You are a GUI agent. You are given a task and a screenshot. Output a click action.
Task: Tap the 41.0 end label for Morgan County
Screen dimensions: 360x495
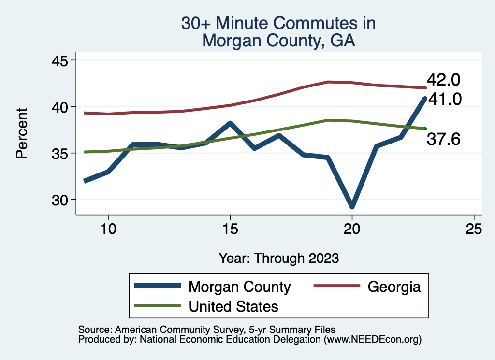pyautogui.click(x=444, y=99)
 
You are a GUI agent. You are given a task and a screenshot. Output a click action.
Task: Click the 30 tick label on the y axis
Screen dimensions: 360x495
pyautogui.click(x=61, y=200)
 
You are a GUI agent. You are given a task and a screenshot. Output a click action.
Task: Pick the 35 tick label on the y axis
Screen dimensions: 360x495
pyautogui.click(x=61, y=153)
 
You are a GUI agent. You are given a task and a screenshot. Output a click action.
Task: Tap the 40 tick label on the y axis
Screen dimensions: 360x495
pyautogui.click(x=61, y=106)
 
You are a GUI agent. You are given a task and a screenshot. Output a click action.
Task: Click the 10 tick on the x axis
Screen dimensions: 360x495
pyautogui.click(x=108, y=229)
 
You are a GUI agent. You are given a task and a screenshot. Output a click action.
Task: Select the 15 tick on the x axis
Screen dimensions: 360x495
pyautogui.click(x=230, y=229)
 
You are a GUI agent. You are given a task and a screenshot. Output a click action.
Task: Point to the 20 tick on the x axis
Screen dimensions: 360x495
pyautogui.click(x=352, y=229)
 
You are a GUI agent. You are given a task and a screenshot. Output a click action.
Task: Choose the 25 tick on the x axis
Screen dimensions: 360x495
pyautogui.click(x=474, y=229)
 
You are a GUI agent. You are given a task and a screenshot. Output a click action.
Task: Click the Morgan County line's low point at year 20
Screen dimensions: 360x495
pyautogui.click(x=352, y=206)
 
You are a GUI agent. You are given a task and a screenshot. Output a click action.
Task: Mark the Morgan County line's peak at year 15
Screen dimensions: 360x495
pyautogui.click(x=230, y=123)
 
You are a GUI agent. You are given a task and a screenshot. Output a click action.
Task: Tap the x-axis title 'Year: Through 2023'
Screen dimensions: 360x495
pyautogui.click(x=278, y=258)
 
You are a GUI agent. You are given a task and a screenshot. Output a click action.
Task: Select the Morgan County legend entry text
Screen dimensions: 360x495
pyautogui.click(x=240, y=287)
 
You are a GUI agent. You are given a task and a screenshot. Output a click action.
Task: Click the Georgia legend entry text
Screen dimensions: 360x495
pyautogui.click(x=394, y=287)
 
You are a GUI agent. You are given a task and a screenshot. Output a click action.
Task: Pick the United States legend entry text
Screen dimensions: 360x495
pyautogui.click(x=233, y=306)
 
